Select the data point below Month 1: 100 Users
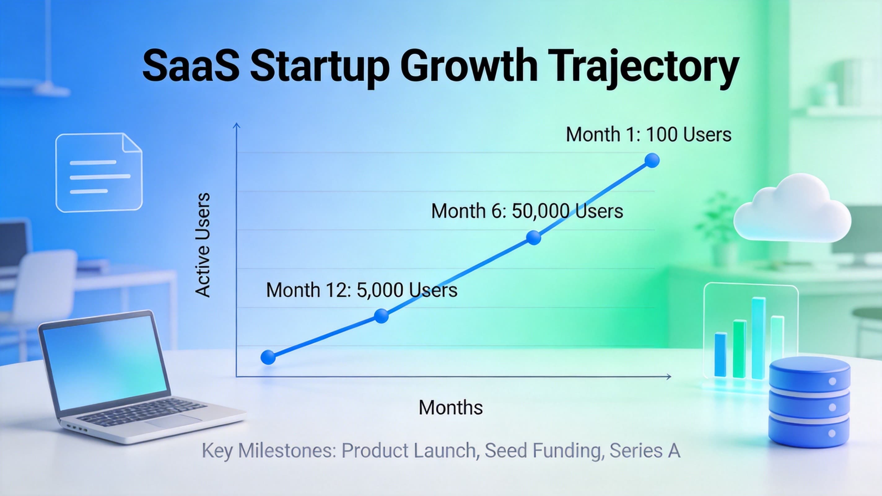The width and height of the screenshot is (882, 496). pos(652,160)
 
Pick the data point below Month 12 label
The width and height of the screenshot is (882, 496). pos(382,316)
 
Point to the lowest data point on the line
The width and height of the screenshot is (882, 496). pos(268,357)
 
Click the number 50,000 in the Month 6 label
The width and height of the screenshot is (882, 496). pos(541,211)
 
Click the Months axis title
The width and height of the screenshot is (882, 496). pos(451,408)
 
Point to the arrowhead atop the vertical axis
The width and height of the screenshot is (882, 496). pos(236,126)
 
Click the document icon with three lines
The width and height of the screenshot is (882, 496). pos(99,173)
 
